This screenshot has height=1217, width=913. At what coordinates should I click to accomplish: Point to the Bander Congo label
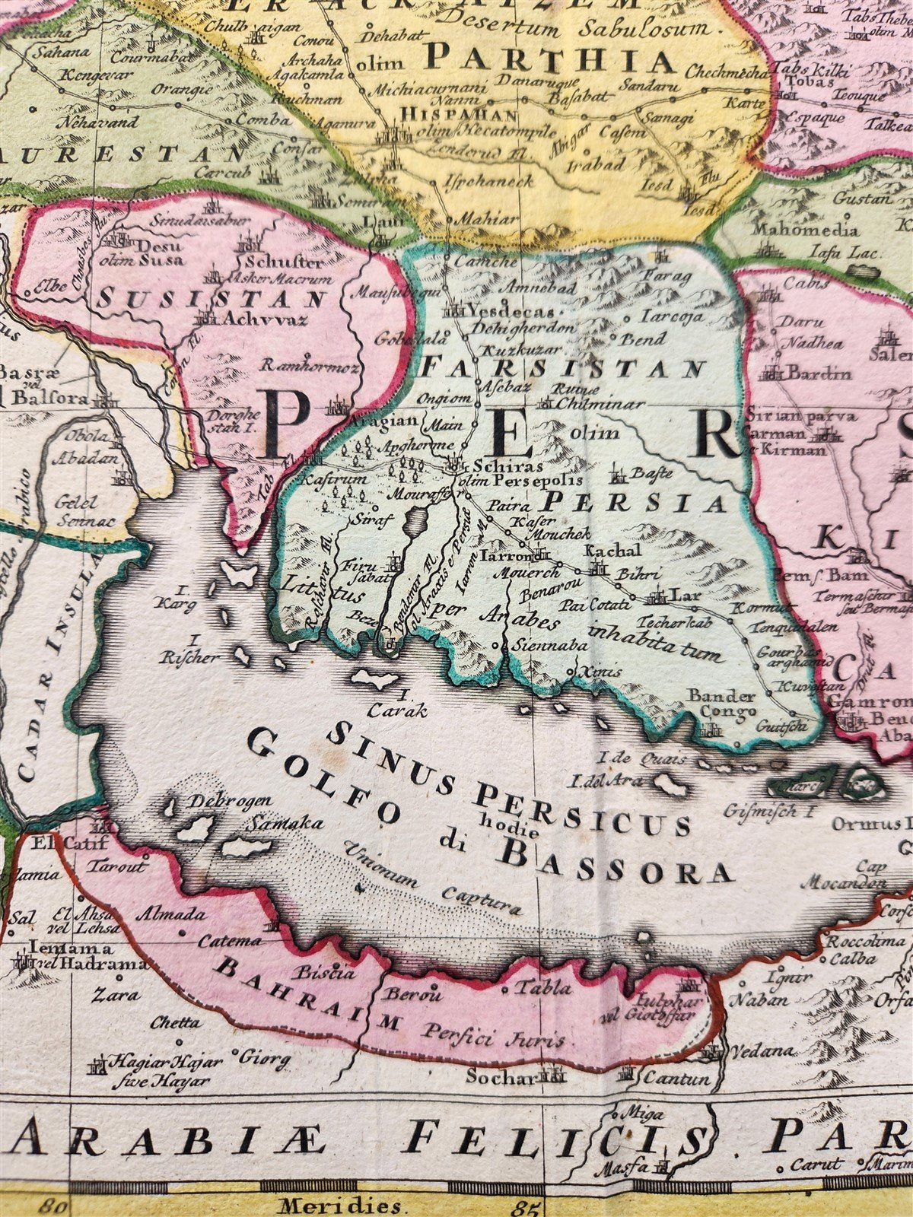[x=723, y=703]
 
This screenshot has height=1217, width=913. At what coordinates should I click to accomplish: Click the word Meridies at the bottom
[x=339, y=1205]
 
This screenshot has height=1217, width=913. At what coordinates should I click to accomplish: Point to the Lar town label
[x=680, y=596]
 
